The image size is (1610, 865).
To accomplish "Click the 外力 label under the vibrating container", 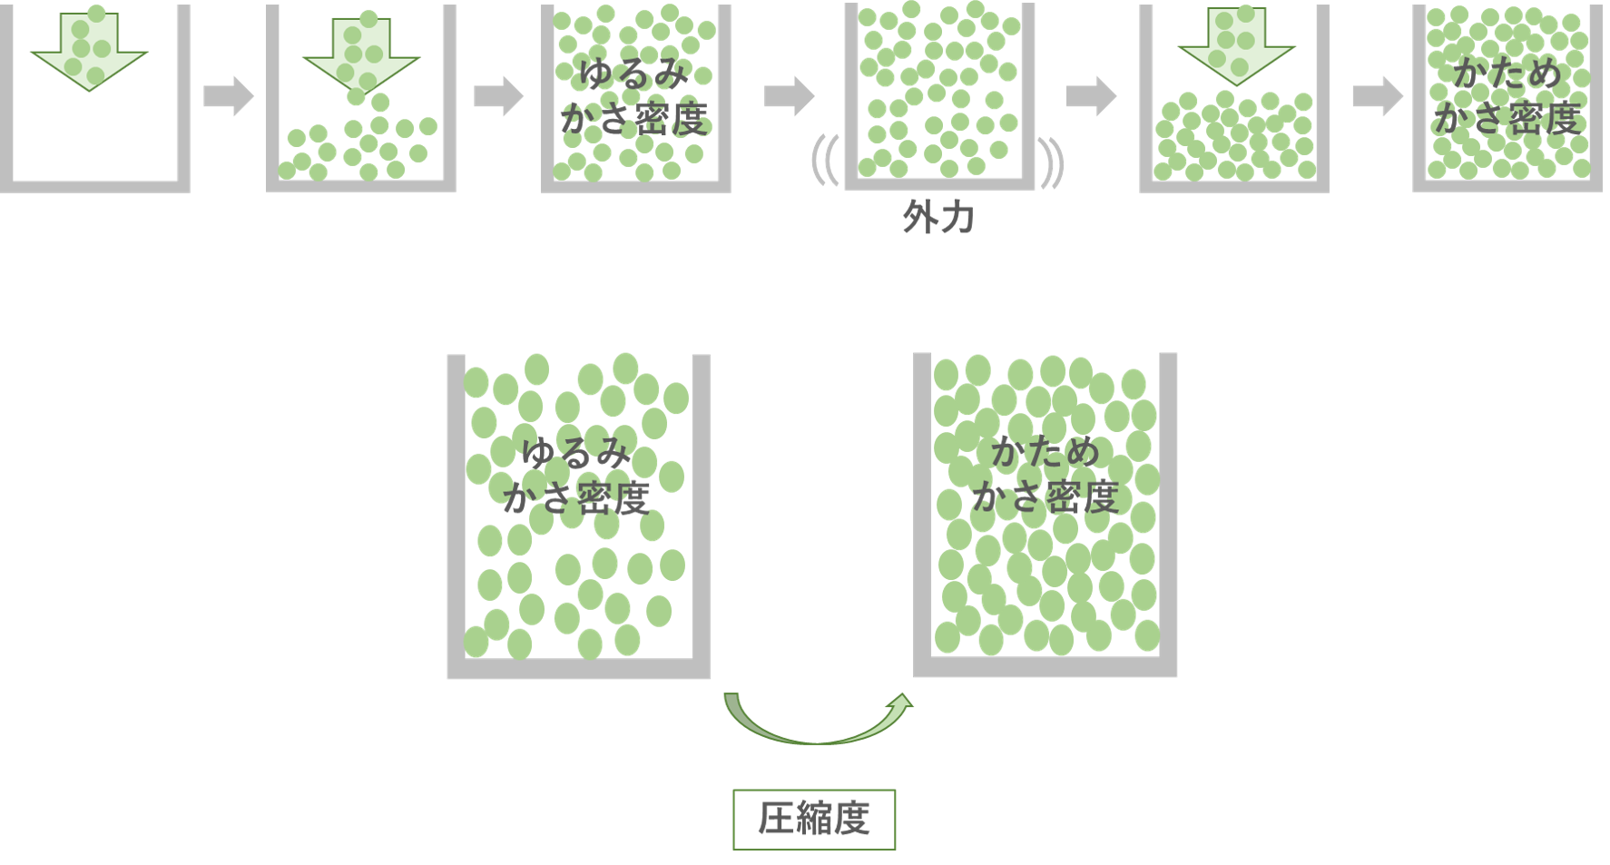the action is point(938,218).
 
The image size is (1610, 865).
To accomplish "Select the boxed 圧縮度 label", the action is point(814,819).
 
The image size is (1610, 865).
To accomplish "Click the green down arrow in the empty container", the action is point(89,51).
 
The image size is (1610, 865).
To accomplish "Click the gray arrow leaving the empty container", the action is point(229,96).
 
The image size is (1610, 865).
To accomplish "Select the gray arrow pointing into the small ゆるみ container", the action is point(499,96).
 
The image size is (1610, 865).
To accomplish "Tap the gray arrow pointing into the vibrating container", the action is point(790,96).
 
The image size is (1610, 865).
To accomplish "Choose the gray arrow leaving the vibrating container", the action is point(1092,96).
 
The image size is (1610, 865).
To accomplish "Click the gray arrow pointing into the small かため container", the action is point(1378,96).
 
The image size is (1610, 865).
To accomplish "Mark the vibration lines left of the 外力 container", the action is point(826,160).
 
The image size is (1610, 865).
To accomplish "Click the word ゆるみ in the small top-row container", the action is point(633,74).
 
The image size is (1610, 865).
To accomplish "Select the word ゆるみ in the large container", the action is point(576,453).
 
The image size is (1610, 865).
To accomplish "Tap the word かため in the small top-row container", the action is point(1507,74).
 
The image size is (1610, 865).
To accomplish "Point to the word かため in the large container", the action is point(1046,451).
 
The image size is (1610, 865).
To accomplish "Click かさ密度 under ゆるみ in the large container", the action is point(576,498).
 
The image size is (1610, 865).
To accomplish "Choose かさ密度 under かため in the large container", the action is point(1046,497).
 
